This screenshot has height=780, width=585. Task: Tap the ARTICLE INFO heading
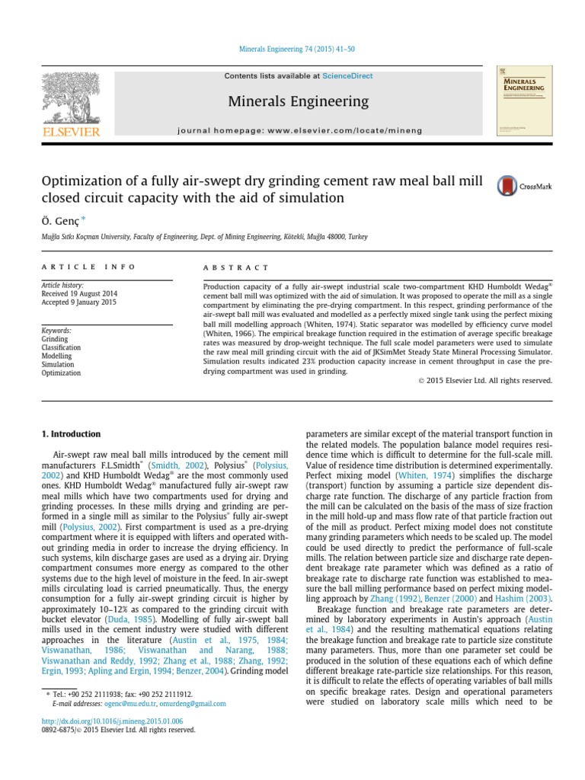88,267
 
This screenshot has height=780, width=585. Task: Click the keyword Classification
61,348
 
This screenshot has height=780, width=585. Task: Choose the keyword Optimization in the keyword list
61,373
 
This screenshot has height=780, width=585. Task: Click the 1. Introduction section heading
69,434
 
